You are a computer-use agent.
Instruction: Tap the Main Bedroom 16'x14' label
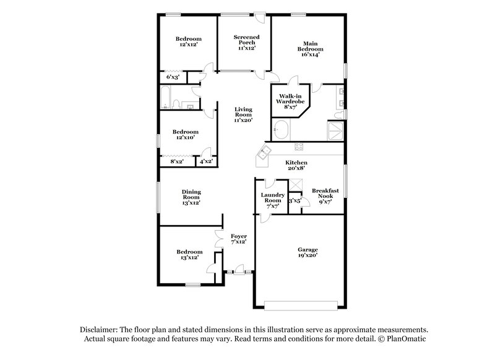click(x=310, y=49)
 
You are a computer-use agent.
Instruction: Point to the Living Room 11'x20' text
click(x=243, y=114)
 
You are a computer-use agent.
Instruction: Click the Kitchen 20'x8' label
click(x=296, y=166)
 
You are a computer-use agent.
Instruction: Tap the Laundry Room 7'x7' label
click(x=272, y=200)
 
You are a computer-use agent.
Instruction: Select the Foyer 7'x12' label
click(x=239, y=239)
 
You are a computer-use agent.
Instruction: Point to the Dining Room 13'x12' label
click(x=191, y=197)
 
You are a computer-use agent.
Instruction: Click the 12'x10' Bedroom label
click(x=185, y=134)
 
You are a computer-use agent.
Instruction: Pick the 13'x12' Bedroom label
click(x=189, y=254)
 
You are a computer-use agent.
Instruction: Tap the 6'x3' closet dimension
click(x=173, y=77)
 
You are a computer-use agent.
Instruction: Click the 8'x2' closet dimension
click(x=176, y=161)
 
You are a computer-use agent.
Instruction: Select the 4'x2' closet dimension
click(x=205, y=161)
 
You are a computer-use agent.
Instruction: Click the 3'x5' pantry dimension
click(x=295, y=200)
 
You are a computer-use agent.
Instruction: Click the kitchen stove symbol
click(x=298, y=147)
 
